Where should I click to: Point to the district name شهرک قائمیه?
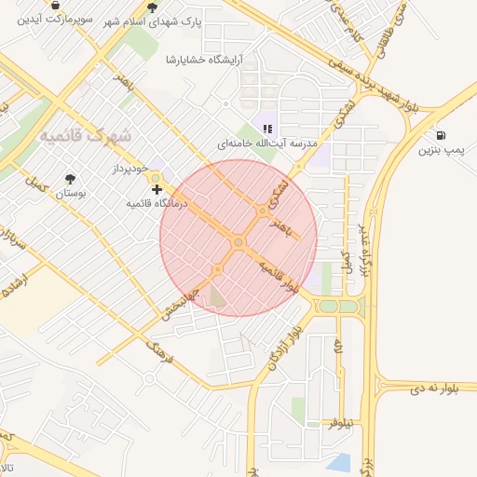pyautogui.click(x=86, y=136)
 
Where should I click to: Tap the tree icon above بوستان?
pyautogui.click(x=71, y=179)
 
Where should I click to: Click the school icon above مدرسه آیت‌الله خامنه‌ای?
pyautogui.click(x=267, y=129)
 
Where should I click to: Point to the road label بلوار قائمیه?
pyautogui.click(x=279, y=276)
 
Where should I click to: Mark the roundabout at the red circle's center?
pyautogui.click(x=238, y=242)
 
